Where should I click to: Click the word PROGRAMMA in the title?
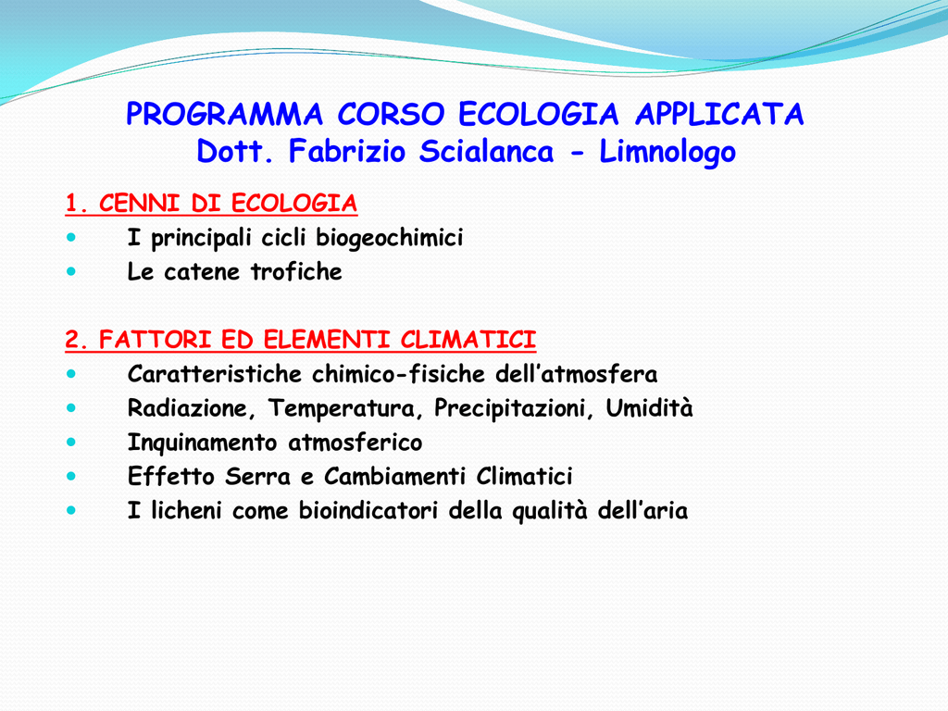224,114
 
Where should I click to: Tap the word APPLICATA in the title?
719,114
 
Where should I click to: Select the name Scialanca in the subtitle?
486,151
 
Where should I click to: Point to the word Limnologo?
667,153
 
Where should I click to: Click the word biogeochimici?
390,238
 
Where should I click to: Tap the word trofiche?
296,271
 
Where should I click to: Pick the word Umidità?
649,408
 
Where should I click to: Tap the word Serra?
257,477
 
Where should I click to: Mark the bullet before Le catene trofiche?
71,271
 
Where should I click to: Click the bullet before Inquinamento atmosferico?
71,443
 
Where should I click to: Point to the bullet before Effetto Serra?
71,477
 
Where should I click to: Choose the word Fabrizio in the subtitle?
346,151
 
